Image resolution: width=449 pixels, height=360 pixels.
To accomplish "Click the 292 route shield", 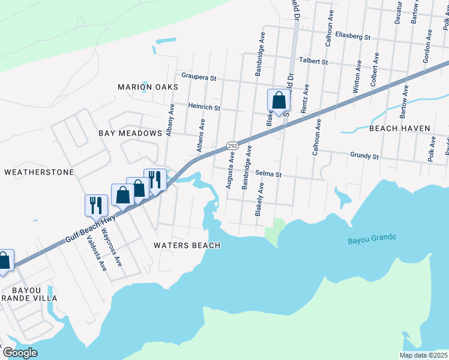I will tap(233, 146).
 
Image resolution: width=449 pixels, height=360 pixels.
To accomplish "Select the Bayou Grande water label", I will tap(372, 238).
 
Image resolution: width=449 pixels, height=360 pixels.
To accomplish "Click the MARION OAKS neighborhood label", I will tap(148, 87).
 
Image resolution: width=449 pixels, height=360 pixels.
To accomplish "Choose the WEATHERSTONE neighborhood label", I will tap(38, 172).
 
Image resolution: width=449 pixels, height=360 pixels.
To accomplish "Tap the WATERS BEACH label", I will tap(187, 245).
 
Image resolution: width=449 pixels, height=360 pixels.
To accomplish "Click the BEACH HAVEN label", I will tap(399, 128).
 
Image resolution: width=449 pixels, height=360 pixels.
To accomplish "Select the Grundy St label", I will tap(364, 156).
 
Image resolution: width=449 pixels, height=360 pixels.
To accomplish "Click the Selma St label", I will tap(268, 173).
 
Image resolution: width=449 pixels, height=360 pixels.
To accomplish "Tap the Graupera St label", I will tap(199, 77).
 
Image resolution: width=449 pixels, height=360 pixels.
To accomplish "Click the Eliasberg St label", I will tap(353, 37).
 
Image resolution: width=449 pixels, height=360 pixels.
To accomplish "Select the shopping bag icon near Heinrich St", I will tap(279, 101).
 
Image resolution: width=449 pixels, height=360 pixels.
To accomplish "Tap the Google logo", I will tap(19, 353).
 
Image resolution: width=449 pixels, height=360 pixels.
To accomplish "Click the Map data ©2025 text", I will tap(423, 355).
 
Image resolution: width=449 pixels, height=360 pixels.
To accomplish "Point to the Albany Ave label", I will tap(171, 121).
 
